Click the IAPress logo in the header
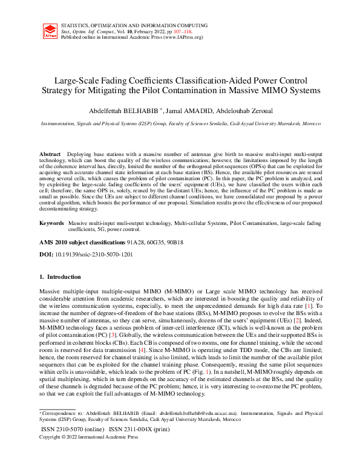pos(51,32)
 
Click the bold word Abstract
pos(50,155)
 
